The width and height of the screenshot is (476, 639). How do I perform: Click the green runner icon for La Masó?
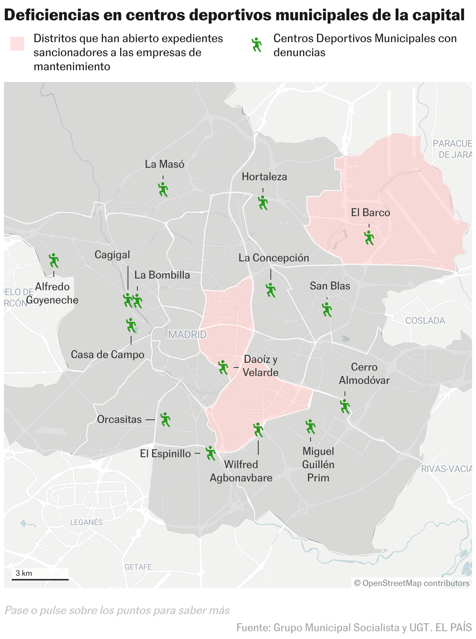(x=163, y=189)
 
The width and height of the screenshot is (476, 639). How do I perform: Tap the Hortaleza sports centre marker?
(x=263, y=202)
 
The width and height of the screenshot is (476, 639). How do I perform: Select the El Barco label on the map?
(x=370, y=213)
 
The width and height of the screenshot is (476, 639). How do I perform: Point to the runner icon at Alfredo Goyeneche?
(x=53, y=260)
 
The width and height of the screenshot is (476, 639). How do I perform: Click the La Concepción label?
(x=274, y=258)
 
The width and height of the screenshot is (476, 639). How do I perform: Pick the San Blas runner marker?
(x=327, y=309)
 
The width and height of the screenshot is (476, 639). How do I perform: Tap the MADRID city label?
(x=187, y=334)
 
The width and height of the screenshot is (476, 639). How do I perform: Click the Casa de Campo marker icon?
(x=131, y=325)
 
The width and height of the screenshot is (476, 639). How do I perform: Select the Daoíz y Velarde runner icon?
(x=223, y=367)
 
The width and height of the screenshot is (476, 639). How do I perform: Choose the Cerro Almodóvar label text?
(x=364, y=373)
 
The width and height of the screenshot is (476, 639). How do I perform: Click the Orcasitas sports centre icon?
(x=165, y=419)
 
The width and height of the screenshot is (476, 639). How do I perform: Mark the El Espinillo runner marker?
(x=210, y=453)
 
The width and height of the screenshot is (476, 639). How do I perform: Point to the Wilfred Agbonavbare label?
(x=241, y=471)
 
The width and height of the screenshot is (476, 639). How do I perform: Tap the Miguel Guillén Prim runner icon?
(x=310, y=426)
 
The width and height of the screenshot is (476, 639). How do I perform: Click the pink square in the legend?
(x=17, y=44)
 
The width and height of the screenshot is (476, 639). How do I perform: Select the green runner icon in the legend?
(x=257, y=45)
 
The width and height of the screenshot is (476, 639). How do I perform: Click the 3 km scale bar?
(x=40, y=579)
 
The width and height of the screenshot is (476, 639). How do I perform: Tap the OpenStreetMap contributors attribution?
(x=412, y=583)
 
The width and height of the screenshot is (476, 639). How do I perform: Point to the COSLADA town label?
(x=425, y=321)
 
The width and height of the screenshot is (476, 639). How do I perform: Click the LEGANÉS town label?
(x=86, y=522)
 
